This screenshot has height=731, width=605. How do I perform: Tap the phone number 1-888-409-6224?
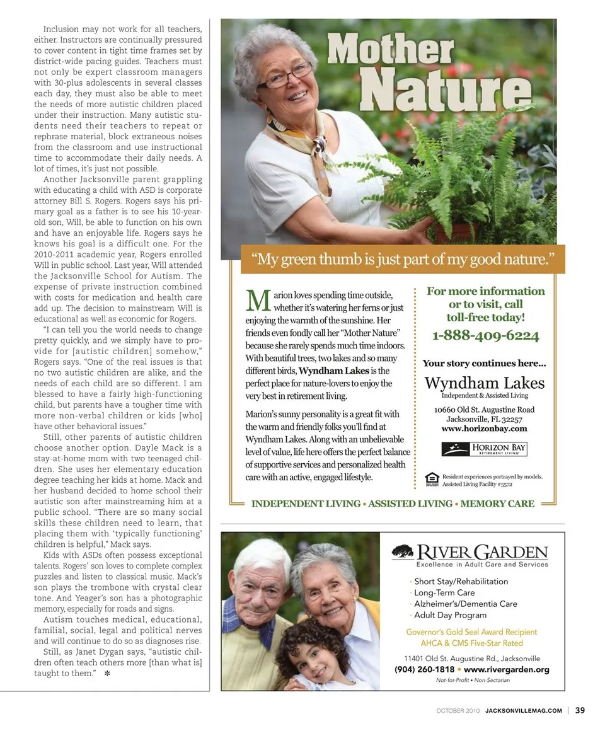[485, 336]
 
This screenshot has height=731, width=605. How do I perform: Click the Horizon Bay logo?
[484, 449]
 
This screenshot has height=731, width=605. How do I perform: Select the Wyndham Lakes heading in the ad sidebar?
[485, 383]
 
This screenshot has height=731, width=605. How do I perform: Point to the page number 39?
[580, 710]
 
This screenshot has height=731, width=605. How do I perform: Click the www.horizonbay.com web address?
[484, 429]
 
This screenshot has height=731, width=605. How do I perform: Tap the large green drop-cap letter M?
[258, 301]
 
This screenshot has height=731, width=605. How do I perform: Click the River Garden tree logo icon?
[402, 552]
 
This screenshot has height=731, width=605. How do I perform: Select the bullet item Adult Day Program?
[450, 615]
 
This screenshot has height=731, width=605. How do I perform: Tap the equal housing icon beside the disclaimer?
[432, 480]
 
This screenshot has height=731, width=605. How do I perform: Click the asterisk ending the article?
[108, 674]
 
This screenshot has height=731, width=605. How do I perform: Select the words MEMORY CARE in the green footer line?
[497, 504]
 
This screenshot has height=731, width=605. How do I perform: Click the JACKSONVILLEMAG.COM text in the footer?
[523, 711]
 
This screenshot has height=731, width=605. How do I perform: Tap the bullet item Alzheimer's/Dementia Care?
[465, 604]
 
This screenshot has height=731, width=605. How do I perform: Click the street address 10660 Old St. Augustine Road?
[484, 410]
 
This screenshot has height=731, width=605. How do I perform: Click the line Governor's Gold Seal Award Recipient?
[471, 632]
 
